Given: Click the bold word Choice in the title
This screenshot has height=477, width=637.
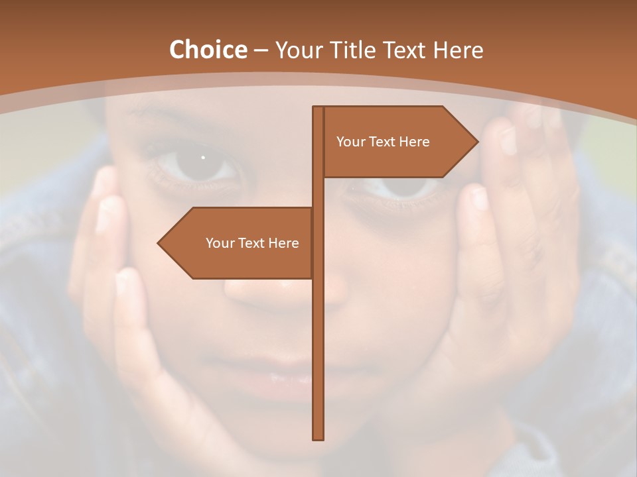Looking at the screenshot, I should coord(208,50).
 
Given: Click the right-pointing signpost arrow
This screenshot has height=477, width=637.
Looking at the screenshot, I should coord(398,142).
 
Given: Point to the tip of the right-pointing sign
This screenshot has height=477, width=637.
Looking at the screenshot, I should coord(477,142).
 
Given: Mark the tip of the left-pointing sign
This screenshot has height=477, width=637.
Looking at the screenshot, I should coord(159,243).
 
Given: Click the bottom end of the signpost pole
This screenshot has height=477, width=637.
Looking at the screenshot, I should coord(318,438).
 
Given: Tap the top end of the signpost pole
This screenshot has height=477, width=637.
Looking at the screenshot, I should coord(318,108).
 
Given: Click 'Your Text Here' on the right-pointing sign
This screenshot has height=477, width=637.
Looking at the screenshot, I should coord(383,142).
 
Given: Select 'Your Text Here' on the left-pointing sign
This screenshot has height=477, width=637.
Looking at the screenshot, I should coord(252,243).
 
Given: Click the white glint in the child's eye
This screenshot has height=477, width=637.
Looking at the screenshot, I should coord(203,158).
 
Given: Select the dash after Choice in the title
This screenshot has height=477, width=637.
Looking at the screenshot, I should coord(260,50).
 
